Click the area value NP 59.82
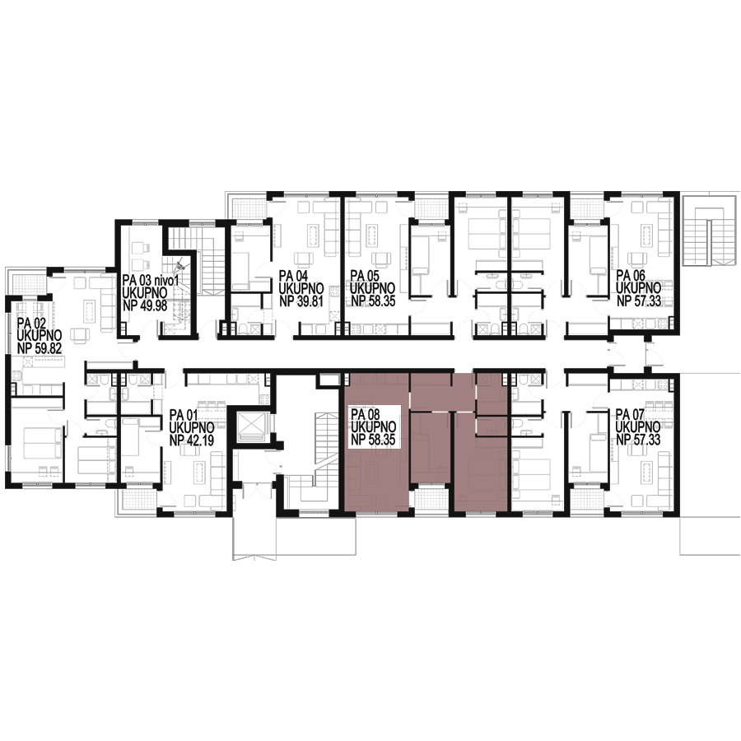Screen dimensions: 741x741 click(x=40, y=348)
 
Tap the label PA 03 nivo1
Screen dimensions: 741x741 click(x=151, y=281)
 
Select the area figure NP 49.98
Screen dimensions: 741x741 click(x=145, y=305)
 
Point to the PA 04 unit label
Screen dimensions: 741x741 click(x=293, y=276)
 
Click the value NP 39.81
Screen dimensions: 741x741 click(x=301, y=301)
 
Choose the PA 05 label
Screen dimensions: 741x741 click(x=365, y=276)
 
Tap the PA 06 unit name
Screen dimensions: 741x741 click(x=631, y=276)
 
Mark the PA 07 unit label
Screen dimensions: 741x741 click(x=630, y=415)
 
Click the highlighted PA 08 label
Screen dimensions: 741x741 click(x=366, y=415)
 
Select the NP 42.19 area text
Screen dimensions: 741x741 click(x=191, y=440)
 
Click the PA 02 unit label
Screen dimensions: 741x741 click(x=31, y=324)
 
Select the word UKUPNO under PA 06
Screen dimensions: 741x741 click(x=638, y=288)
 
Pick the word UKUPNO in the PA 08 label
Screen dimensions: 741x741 click(x=373, y=427)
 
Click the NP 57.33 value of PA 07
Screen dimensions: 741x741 click(x=638, y=440)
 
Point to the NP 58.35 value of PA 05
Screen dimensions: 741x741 click(x=373, y=301)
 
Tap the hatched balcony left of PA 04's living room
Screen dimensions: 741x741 click(x=249, y=207)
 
